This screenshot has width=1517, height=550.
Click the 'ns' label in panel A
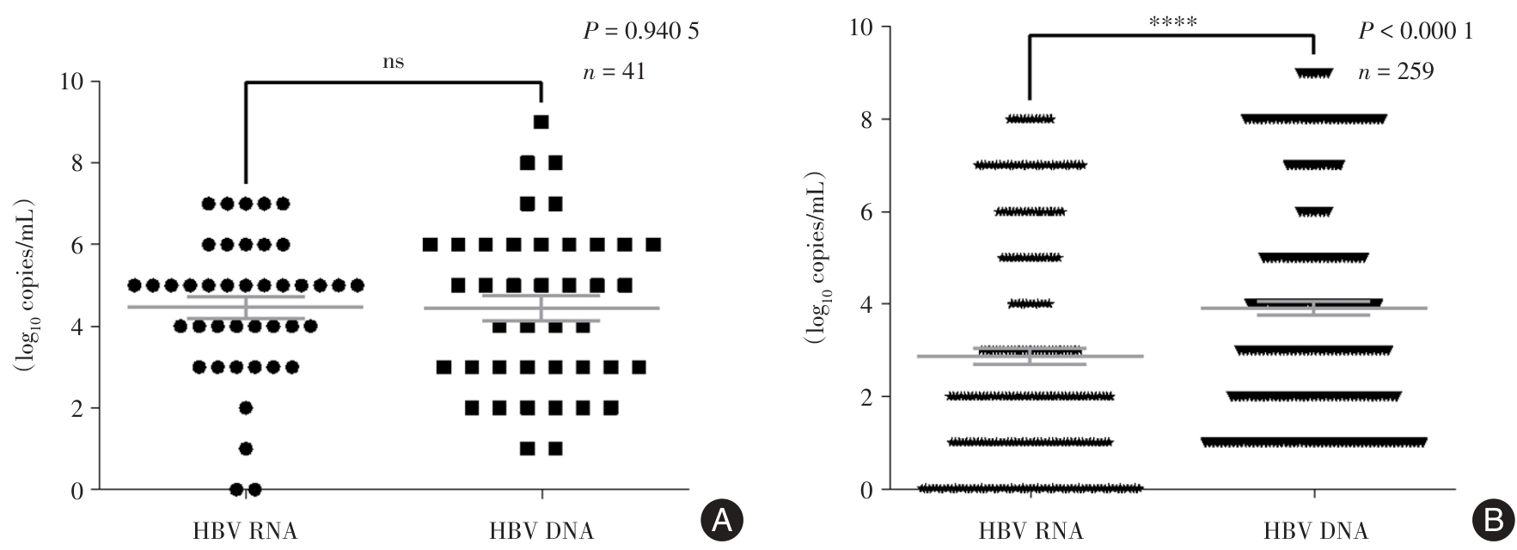point(393,62)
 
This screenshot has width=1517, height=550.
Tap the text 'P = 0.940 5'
point(641,32)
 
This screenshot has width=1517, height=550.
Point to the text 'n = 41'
point(614,71)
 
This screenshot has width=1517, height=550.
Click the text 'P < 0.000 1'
point(1415,32)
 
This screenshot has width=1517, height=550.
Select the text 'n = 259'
point(1396,71)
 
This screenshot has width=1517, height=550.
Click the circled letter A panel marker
point(721,518)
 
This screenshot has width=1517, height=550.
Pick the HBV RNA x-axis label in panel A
point(246,530)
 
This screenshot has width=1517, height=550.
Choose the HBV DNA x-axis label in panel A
point(541,530)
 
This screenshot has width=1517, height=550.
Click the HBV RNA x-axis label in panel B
point(1031,530)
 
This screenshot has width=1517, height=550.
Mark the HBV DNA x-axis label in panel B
point(1315,530)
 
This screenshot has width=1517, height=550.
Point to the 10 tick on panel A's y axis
point(73,82)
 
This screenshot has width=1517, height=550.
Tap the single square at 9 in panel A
point(541,122)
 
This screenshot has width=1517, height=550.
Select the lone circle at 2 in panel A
point(246,407)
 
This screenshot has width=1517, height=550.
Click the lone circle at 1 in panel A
point(246,449)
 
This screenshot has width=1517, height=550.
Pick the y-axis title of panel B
point(814,257)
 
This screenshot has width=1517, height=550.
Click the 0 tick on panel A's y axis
point(79,490)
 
